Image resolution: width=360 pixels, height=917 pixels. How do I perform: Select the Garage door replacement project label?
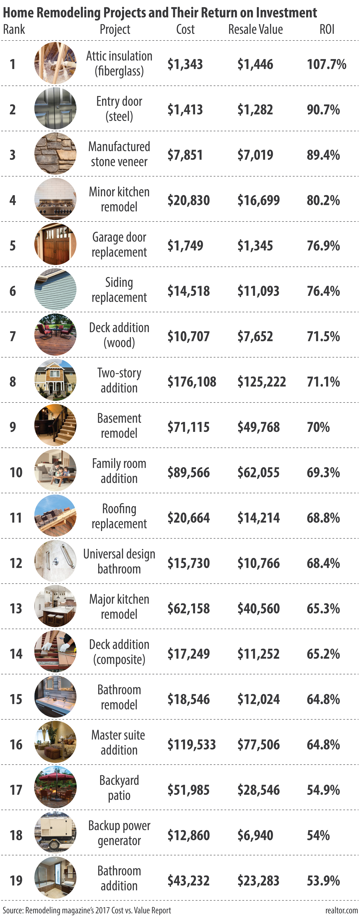pos(119,245)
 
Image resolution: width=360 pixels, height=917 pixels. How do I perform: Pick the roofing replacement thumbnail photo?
pos(55,516)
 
